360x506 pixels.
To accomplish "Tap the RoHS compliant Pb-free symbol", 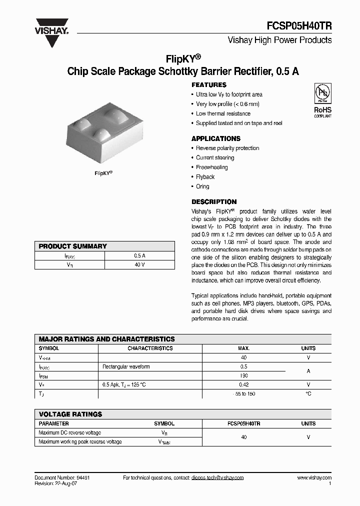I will tap(322, 100).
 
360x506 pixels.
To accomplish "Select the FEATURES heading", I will tap(209, 85).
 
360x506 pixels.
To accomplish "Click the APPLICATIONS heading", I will tap(216, 138).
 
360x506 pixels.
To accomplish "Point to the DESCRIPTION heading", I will tap(214, 202).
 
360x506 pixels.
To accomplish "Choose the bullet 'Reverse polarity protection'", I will tap(227, 148).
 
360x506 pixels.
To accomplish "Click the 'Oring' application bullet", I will tap(202, 186).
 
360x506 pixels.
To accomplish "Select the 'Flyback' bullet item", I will tap(205, 177).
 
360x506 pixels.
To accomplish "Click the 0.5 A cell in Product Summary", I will tap(139, 255).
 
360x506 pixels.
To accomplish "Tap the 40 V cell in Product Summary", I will tap(139, 264).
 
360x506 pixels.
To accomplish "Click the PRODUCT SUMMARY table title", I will tap(73, 246).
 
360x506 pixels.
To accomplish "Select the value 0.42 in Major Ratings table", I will tap(244, 384).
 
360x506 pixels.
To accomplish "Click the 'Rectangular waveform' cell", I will tap(126, 366).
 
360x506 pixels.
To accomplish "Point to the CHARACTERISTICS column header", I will tap(150, 348).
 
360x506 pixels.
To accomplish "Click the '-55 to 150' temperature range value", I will tap(244, 394).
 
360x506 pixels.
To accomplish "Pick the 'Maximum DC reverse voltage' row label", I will tap(69, 432).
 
